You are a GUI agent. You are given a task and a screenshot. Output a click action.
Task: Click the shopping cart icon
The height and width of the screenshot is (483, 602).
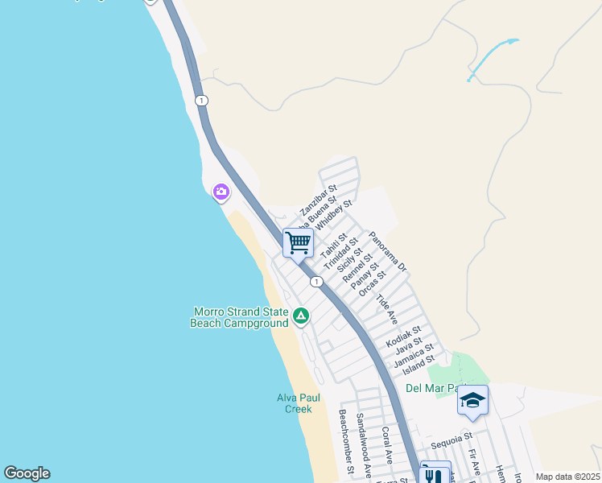[298, 242]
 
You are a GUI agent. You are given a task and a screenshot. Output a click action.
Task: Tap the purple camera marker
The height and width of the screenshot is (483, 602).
[221, 192]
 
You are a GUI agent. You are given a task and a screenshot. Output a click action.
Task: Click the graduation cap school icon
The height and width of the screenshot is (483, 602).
[472, 400]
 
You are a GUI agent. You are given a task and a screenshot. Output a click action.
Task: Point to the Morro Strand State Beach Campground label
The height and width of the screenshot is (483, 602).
[240, 317]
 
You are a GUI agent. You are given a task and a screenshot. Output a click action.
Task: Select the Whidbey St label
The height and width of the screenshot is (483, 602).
[334, 215]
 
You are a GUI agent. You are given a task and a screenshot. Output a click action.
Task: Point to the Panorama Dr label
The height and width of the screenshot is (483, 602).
[389, 250]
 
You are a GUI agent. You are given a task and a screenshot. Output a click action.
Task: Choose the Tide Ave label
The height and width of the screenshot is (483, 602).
[387, 309]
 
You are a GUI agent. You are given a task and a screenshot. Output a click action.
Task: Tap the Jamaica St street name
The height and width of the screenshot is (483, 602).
[414, 357]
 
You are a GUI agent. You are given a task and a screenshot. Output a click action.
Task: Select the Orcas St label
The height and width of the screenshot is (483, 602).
[373, 283]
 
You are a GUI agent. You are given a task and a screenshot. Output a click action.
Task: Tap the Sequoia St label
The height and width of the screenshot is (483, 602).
[450, 440]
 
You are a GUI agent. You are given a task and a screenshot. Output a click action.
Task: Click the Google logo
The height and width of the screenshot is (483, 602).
[27, 473]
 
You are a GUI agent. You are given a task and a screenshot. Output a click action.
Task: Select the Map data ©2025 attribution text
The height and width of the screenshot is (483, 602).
[567, 477]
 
